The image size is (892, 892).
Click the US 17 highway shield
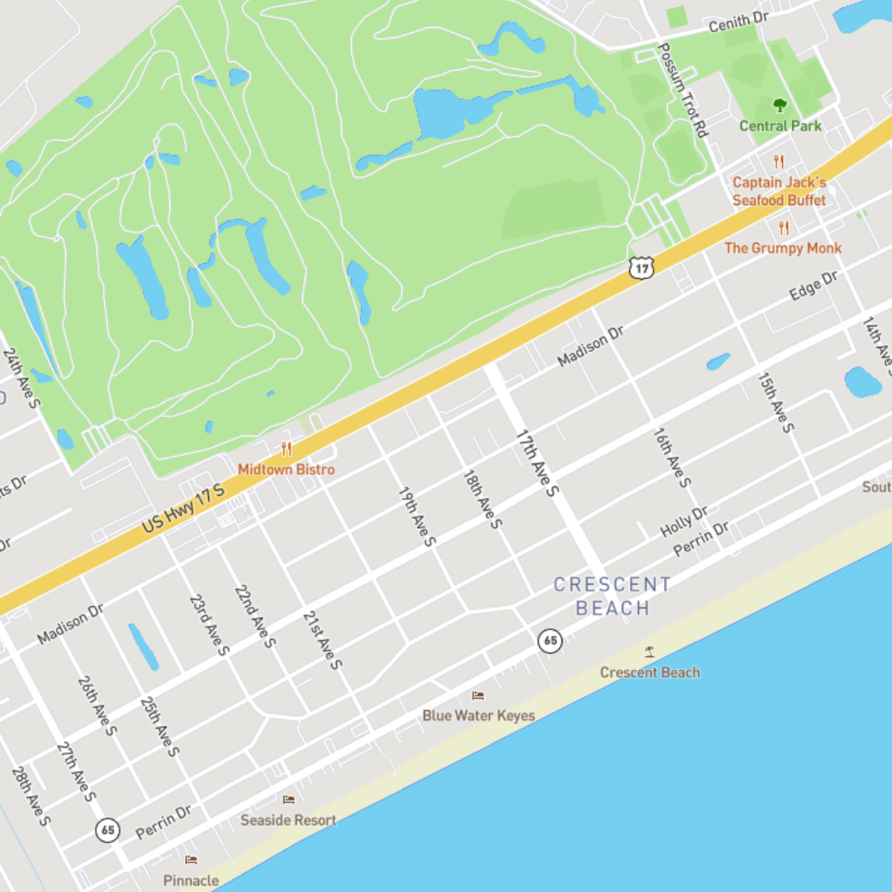click(x=642, y=266)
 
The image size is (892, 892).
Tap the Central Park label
click(x=780, y=126)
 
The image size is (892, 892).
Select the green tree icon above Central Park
click(x=780, y=105)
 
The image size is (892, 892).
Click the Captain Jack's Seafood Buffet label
click(x=779, y=191)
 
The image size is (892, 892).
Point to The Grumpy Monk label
click(x=783, y=248)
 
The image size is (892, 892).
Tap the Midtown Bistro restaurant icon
click(x=287, y=449)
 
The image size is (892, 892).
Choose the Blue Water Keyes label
click(x=478, y=715)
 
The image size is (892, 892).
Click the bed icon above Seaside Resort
click(x=288, y=799)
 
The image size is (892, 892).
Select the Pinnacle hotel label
click(x=191, y=880)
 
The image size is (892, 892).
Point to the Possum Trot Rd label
click(x=682, y=90)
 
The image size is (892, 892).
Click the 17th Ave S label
click(x=538, y=463)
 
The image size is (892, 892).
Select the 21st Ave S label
click(x=322, y=639)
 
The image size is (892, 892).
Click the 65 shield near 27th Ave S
click(x=107, y=829)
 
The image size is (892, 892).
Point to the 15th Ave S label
click(x=776, y=402)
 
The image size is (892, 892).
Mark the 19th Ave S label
click(x=417, y=516)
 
